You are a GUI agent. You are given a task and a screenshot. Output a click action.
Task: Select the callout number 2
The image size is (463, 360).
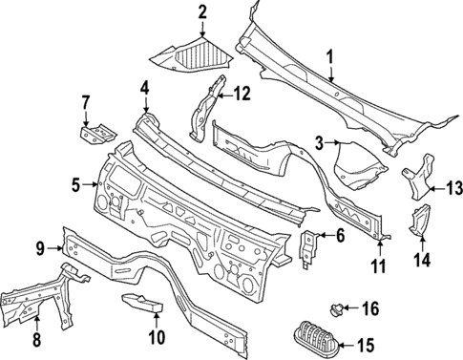click(202, 11)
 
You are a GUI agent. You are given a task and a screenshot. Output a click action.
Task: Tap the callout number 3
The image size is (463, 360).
click(321, 143)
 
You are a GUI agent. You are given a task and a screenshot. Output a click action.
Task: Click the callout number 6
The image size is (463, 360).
click(338, 237)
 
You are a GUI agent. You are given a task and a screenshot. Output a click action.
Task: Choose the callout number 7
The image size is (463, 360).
click(85, 101)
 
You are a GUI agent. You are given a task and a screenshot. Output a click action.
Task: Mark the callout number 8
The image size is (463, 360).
click(36, 339)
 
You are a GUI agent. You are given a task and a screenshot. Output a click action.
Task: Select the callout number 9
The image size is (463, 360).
click(41, 249)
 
